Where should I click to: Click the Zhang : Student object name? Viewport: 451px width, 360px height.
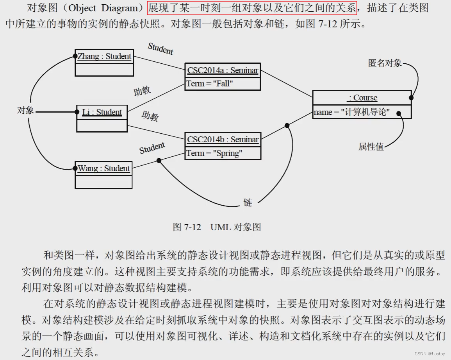[x=104, y=56]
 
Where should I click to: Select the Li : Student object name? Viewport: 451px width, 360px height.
[x=102, y=112]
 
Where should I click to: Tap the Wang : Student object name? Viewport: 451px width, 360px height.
[x=103, y=168]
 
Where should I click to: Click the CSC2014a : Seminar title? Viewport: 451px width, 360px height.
[x=223, y=70]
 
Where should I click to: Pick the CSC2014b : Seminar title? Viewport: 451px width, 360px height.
[x=223, y=140]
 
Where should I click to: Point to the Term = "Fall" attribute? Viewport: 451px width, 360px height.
[x=209, y=84]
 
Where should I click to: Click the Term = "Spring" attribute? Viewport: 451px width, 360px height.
[x=214, y=153]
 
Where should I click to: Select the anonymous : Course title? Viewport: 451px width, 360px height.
[x=362, y=98]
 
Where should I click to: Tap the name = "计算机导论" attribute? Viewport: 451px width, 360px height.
[x=351, y=112]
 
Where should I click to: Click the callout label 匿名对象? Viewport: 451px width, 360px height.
[x=385, y=63]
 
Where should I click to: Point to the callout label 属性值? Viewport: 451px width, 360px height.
[x=371, y=147]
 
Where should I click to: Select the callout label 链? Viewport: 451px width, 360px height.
[x=248, y=202]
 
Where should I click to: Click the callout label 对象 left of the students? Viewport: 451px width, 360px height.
[x=25, y=111]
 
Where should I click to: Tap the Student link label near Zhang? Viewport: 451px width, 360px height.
[x=160, y=49]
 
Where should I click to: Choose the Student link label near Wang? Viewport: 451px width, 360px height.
[x=152, y=148]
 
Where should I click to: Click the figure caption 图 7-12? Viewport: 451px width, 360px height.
[x=216, y=227]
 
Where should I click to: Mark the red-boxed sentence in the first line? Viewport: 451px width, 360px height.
[x=252, y=8]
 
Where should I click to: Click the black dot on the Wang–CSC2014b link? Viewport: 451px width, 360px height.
[x=159, y=161]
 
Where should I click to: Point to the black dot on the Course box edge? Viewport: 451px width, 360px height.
[x=411, y=97]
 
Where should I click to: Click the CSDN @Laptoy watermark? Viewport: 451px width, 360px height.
[x=430, y=354]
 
